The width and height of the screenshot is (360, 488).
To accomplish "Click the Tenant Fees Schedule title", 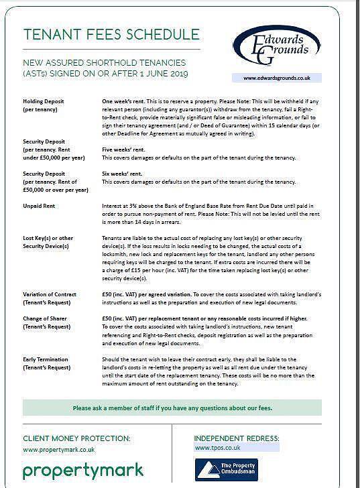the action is click(111, 35).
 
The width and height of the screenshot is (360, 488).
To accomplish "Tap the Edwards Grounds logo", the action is click(276, 45).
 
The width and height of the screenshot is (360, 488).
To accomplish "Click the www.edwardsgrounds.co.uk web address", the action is click(277, 78).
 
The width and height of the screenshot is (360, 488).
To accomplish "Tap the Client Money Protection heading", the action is click(76, 438).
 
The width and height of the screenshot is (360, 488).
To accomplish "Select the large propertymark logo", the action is click(82, 470).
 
